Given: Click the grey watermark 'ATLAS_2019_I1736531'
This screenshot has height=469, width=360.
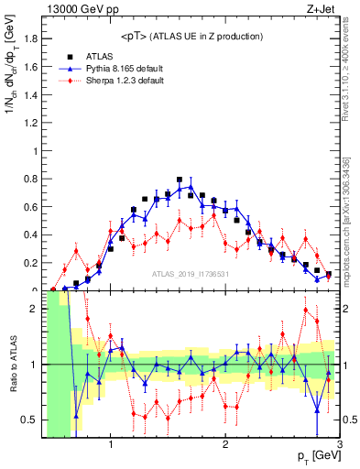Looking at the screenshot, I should coord(190,274).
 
